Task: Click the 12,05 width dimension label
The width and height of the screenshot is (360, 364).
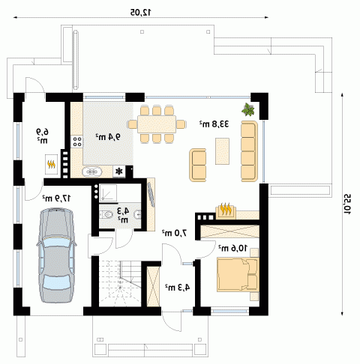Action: [141, 12]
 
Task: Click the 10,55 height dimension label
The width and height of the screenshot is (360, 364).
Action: [348, 204]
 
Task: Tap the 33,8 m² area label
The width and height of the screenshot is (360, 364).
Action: [214, 124]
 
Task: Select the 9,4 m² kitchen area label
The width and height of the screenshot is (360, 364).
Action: [108, 136]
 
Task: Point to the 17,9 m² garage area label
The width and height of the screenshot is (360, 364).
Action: [56, 198]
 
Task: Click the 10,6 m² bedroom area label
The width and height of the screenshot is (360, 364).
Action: [232, 248]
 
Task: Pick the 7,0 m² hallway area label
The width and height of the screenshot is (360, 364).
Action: [175, 233]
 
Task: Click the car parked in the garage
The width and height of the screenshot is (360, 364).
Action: [56, 255]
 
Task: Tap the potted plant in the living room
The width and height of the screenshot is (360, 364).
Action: [248, 109]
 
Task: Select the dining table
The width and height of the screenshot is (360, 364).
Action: [157, 124]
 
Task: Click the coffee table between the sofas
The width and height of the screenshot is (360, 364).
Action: [222, 151]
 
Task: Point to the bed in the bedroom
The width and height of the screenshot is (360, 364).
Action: [238, 275]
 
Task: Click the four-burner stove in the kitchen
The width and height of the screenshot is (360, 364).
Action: [76, 142]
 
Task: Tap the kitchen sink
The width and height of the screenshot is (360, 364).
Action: [92, 172]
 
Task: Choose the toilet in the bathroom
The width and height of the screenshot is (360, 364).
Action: [106, 214]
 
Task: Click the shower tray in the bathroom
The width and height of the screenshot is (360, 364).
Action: [108, 192]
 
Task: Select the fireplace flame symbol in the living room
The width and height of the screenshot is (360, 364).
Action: [226, 210]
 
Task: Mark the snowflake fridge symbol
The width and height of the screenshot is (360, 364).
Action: [119, 172]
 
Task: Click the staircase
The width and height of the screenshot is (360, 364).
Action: [120, 283]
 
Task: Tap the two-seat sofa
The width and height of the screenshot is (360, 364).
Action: [198, 165]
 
